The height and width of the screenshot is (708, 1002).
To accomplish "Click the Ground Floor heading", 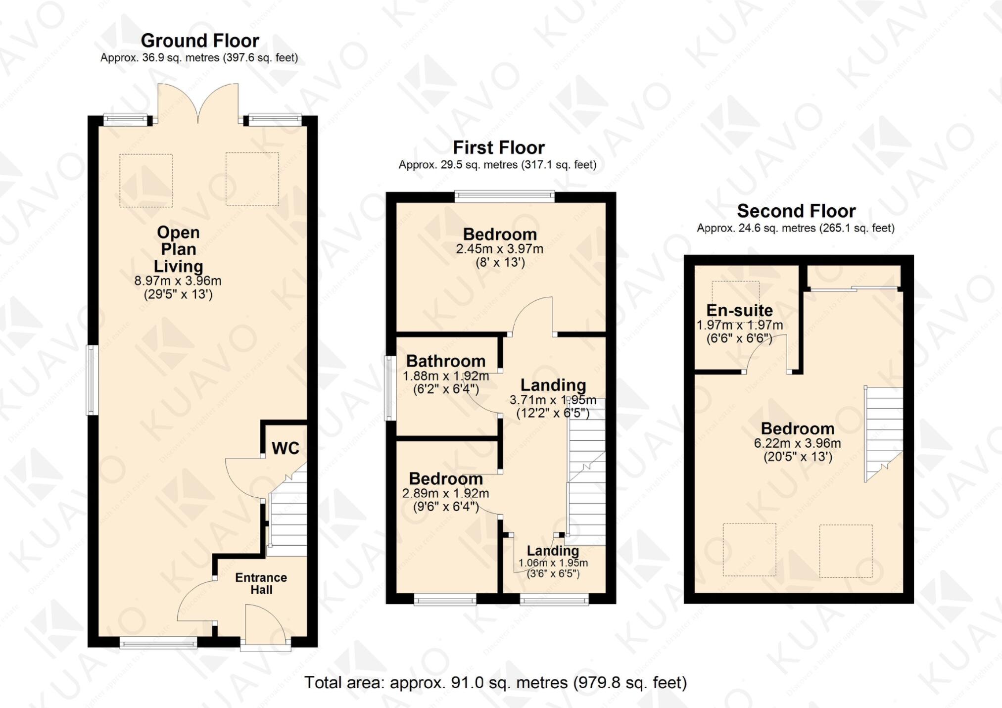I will point(199,41).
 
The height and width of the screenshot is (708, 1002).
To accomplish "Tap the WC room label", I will point(286,448).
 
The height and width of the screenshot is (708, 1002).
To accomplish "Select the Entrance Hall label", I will point(261,584).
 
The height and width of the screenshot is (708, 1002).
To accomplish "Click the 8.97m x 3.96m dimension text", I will point(178,281).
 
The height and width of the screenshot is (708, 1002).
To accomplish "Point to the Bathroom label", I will point(446,361).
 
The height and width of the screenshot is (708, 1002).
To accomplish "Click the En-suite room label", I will point(739,310).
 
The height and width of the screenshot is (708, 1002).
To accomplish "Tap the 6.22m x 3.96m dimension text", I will point(797,443).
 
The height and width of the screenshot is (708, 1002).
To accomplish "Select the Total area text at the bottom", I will point(495,683).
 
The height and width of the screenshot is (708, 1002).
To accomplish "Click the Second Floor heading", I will point(796,211).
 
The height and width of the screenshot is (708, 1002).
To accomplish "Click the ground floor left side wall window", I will point(92,380).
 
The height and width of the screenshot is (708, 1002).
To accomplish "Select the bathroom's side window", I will point(390,388).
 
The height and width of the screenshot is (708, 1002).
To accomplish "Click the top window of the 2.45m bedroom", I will point(504,196).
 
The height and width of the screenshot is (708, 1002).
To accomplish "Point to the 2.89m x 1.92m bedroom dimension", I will point(445,493).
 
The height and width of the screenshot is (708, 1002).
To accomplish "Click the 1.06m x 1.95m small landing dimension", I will point(553,563).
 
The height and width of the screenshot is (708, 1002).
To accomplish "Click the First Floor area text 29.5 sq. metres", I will point(497,165).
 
